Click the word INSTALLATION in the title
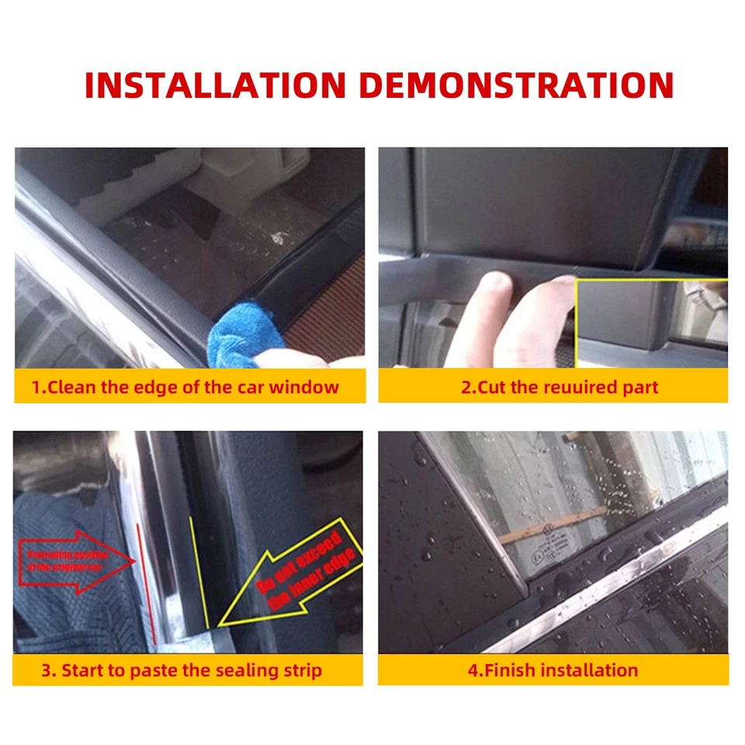(215, 85)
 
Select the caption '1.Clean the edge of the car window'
(185, 386)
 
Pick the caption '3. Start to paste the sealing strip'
(182, 670)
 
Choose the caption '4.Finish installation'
(553, 670)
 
